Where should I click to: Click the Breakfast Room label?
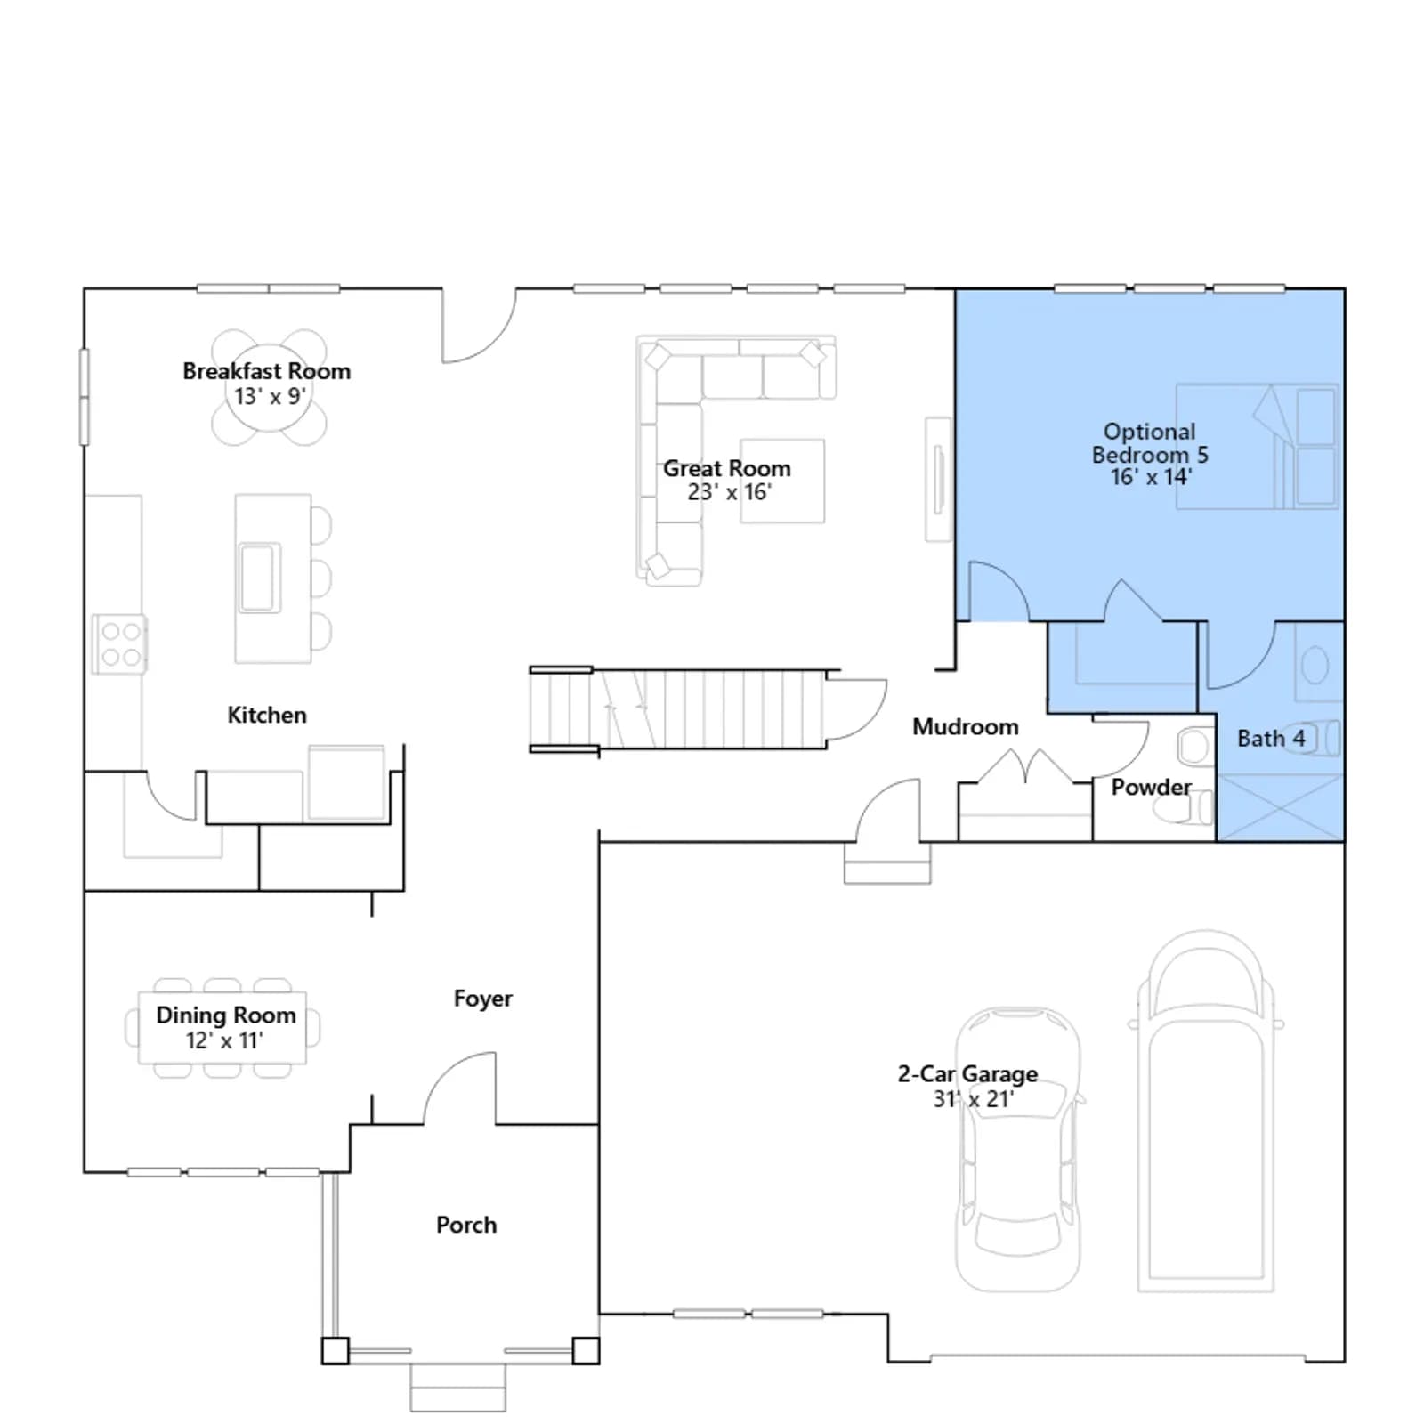[266, 371]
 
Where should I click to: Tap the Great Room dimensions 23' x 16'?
[729, 492]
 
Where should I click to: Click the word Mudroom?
[966, 727]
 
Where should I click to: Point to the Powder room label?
[1151, 788]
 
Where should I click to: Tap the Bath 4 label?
[1271, 739]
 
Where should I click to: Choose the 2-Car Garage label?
[967, 1074]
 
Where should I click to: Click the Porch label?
[466, 1226]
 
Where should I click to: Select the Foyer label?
[483, 999]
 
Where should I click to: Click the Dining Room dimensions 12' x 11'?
[224, 1040]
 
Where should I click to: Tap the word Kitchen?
[266, 716]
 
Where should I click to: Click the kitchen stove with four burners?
[119, 644]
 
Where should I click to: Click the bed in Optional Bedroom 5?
[1258, 447]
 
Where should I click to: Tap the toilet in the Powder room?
[1185, 808]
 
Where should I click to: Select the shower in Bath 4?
[1279, 807]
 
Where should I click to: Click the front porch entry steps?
[457, 1388]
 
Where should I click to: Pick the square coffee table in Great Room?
[782, 481]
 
